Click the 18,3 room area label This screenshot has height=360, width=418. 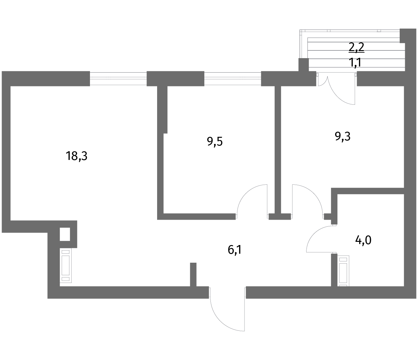coord(76,156)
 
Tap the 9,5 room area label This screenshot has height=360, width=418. coord(215,142)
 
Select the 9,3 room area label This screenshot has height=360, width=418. coord(342,136)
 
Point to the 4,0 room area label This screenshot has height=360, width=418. coord(363,241)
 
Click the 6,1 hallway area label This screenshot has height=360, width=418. coord(234,250)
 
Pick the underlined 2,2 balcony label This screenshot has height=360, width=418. coord(356,47)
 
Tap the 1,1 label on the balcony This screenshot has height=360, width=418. coord(355,62)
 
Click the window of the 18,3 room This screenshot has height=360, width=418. coord(118,79)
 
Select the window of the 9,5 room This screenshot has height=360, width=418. coord(233,79)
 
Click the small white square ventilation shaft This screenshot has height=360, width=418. coord(65,234)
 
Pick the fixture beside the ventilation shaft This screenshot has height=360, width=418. coord(66,265)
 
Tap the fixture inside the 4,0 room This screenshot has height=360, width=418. coord(343,271)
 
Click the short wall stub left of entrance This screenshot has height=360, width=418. coord(193,275)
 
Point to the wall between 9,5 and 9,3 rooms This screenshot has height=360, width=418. coord(278,150)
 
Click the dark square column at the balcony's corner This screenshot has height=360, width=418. coord(304,65)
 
